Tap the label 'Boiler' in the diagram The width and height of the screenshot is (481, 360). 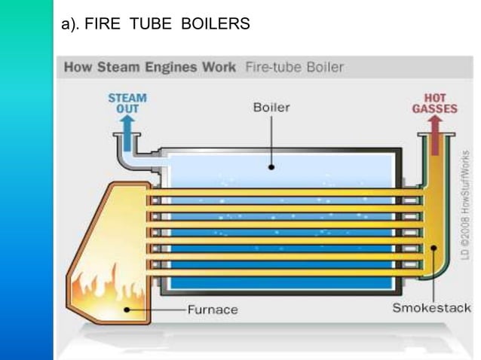pyautogui.click(x=271, y=108)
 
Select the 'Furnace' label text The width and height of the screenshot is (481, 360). pyautogui.click(x=213, y=310)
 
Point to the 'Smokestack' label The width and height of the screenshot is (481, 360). pyautogui.click(x=431, y=308)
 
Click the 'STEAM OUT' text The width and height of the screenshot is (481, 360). pyautogui.click(x=127, y=103)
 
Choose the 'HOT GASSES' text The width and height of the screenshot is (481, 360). pyautogui.click(x=434, y=103)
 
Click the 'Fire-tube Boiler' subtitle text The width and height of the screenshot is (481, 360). pyautogui.click(x=294, y=67)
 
